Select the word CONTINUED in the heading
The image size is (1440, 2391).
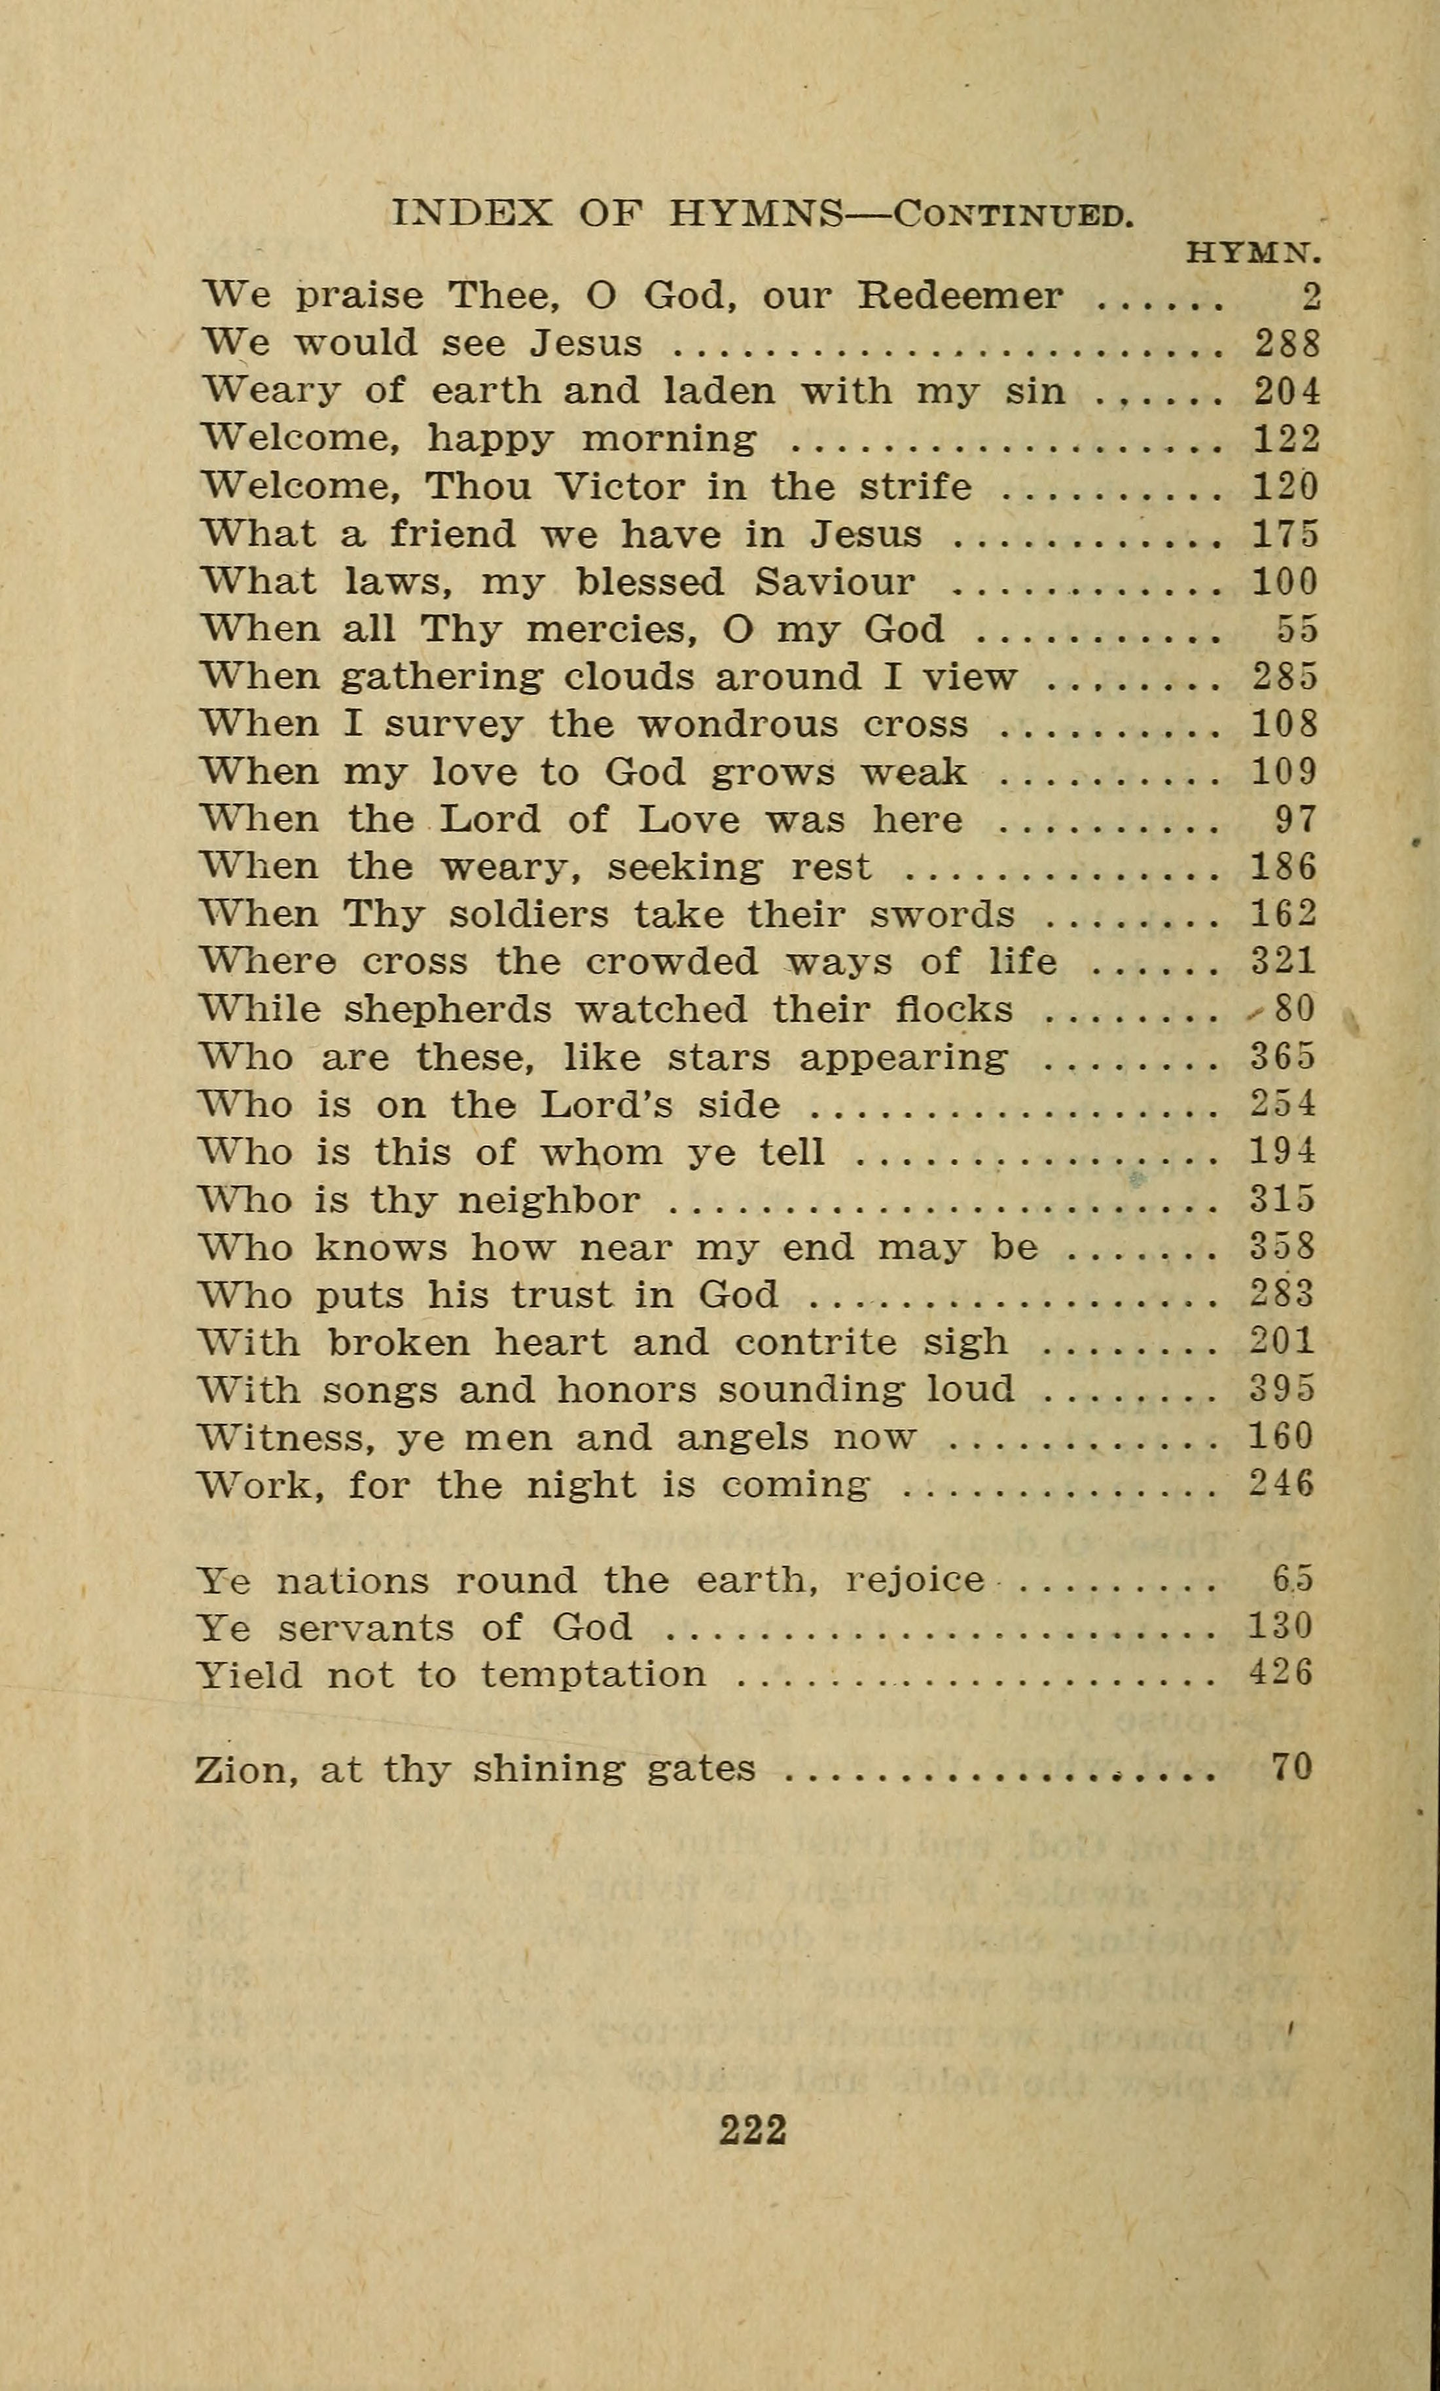tap(1013, 215)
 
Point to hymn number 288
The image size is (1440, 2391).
tap(1287, 344)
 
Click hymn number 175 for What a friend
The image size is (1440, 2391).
tap(1287, 534)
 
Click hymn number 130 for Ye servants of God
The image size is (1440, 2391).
tap(1281, 1626)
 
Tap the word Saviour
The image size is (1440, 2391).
tap(835, 582)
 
